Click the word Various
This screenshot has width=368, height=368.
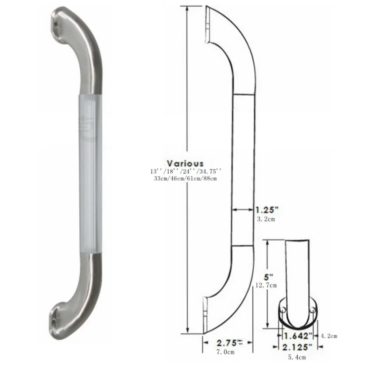185,163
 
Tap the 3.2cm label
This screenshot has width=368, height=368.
266,220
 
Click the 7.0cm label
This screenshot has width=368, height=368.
225,352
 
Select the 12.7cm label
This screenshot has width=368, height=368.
266,285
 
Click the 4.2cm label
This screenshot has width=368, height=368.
329,336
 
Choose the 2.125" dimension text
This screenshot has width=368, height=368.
297,347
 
